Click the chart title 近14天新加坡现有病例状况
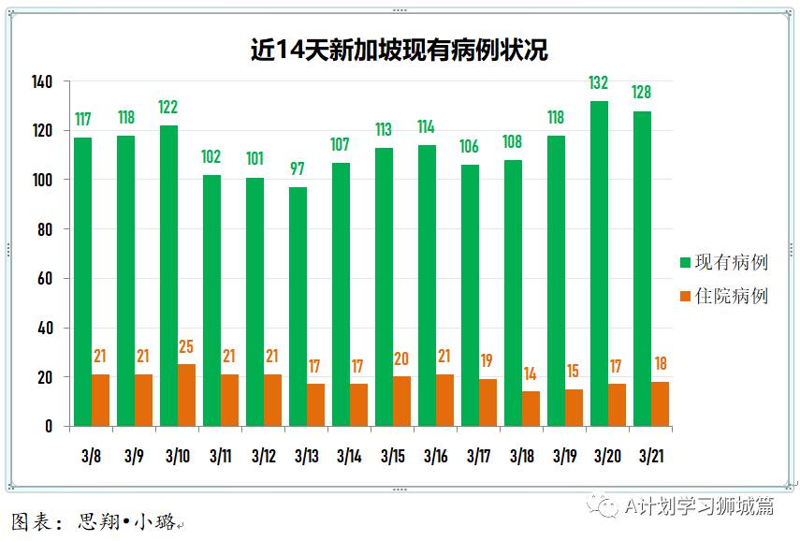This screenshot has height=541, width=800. coord(400,49)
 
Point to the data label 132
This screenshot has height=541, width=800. coord(599,83)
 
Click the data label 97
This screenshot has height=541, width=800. coord(298,169)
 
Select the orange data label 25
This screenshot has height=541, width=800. coord(187,347)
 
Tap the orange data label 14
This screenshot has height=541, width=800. coord(531,373)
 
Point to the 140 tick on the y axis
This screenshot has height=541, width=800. coord(43,81)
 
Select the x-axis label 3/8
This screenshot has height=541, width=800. coord(92,457)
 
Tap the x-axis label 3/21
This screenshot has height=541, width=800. coord(650,457)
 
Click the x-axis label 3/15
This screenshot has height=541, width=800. coord(393,457)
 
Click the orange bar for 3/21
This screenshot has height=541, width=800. coord(660,404)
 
